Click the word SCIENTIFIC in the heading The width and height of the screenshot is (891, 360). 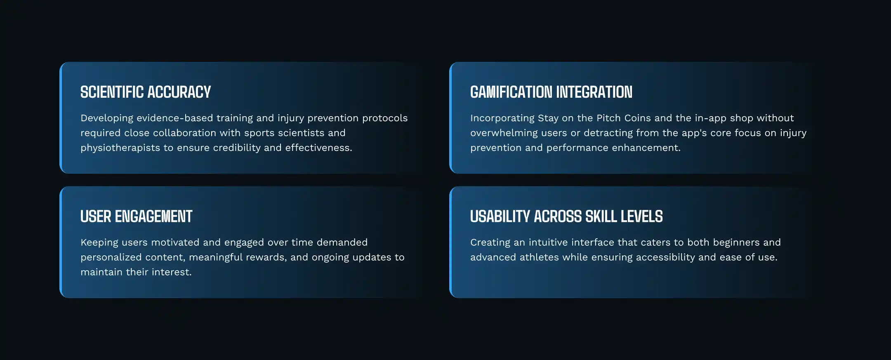pyautogui.click(x=112, y=92)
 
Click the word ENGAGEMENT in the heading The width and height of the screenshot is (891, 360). pyautogui.click(x=153, y=216)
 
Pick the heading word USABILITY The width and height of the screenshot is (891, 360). pyautogui.click(x=500, y=216)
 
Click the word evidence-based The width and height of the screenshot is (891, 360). pyautogui.click(x=174, y=118)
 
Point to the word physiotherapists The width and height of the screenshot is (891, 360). pyautogui.click(x=120, y=148)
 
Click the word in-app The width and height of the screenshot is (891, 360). pyautogui.click(x=711, y=118)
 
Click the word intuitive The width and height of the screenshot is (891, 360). pyautogui.click(x=548, y=242)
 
